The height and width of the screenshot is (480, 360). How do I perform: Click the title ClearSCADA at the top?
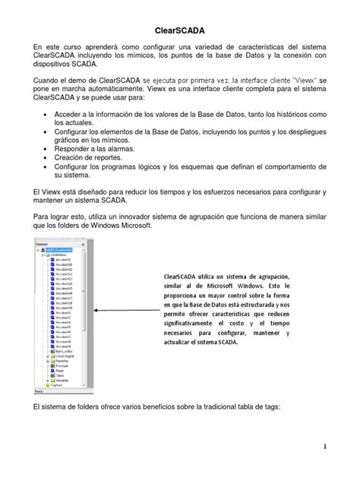[x=180, y=30]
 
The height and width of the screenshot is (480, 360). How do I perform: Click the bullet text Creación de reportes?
[x=91, y=161]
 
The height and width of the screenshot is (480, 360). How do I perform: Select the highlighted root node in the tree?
[x=58, y=249]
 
